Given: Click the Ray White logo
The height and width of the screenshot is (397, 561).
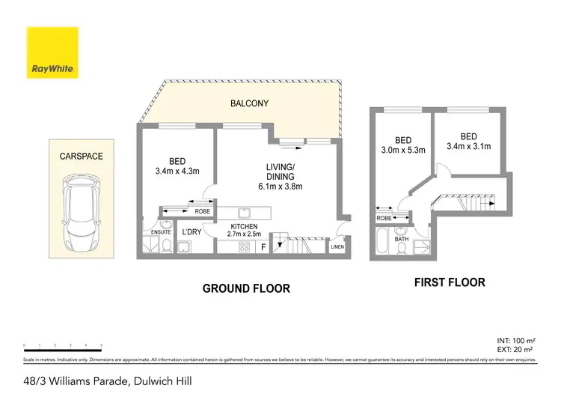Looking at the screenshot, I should [52, 53].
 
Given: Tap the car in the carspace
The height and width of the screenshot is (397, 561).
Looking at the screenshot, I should [82, 212].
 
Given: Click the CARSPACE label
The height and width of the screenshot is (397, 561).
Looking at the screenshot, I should [81, 157].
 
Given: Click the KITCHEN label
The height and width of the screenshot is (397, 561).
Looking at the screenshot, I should [245, 225].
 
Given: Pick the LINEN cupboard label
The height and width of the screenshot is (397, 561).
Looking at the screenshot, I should [338, 246].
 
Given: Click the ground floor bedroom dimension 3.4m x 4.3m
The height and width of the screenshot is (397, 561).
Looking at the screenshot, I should [177, 172].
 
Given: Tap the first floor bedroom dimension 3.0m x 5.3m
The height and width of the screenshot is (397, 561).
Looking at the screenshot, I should [403, 150].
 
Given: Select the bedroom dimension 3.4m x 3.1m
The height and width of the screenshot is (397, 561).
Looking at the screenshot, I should [468, 146].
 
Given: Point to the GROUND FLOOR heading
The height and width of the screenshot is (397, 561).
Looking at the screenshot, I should [246, 288].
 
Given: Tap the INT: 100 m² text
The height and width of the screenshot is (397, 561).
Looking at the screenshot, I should [515, 339].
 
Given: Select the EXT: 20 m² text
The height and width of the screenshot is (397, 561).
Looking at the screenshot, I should [515, 350].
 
